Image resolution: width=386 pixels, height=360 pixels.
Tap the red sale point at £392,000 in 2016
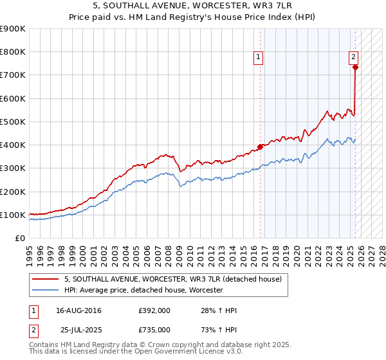(x=260, y=147)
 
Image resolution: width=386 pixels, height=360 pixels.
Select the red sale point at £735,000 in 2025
(x=355, y=66)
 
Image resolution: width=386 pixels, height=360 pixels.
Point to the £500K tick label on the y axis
(x=13, y=122)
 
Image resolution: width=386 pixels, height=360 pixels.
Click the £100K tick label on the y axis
(x=13, y=215)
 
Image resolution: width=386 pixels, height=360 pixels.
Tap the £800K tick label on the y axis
(x=13, y=52)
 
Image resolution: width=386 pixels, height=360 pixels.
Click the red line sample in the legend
(x=47, y=280)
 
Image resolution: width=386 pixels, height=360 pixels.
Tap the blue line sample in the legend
(x=47, y=291)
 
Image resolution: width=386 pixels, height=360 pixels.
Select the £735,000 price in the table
(x=154, y=329)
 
